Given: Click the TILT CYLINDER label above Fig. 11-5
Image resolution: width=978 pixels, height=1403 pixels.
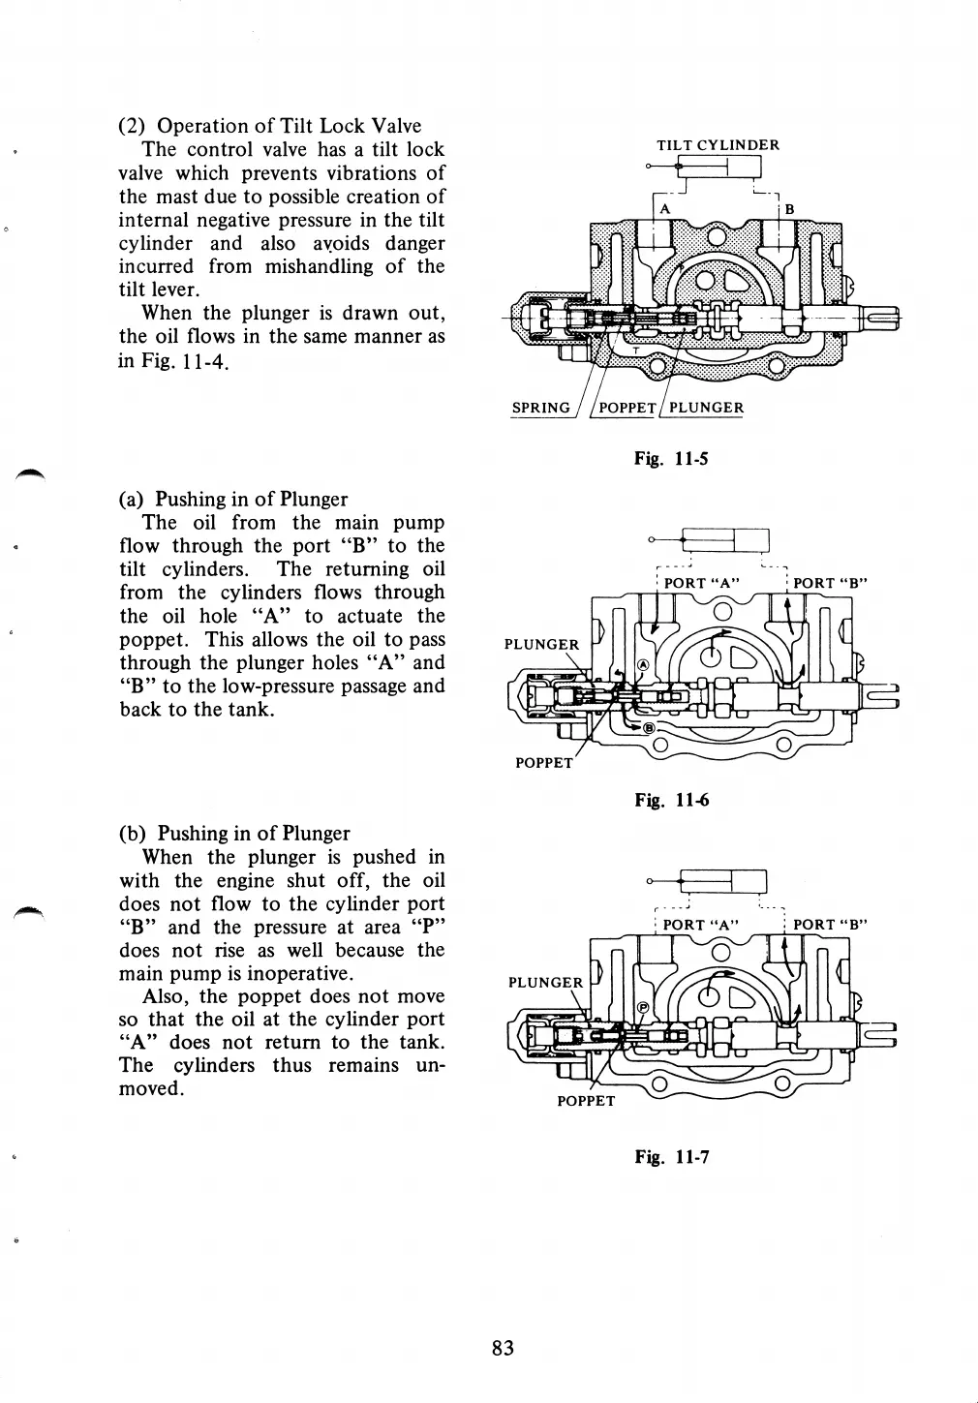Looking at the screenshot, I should pyautogui.click(x=718, y=145).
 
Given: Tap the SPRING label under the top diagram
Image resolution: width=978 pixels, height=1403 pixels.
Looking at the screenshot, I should pyautogui.click(x=540, y=408).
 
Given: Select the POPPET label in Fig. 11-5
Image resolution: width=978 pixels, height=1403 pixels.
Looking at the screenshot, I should pyautogui.click(x=627, y=408).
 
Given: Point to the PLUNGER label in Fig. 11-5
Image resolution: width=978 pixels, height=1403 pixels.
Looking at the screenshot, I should pyautogui.click(x=706, y=408).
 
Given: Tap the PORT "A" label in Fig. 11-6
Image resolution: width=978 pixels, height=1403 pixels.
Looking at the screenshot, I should pyautogui.click(x=702, y=583).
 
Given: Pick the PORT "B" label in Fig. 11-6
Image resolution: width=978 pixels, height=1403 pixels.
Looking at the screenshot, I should pyautogui.click(x=830, y=583).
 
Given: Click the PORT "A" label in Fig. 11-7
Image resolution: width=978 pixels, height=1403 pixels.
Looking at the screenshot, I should pyautogui.click(x=701, y=925).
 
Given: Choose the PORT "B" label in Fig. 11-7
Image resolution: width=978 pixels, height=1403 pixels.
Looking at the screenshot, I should pyautogui.click(x=830, y=925).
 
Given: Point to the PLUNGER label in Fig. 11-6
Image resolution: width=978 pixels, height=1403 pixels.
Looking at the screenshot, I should pyautogui.click(x=541, y=645).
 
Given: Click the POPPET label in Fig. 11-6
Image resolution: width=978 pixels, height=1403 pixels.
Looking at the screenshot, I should pyautogui.click(x=543, y=763).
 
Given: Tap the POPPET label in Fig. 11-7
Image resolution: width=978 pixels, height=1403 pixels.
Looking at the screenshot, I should pyautogui.click(x=586, y=1101).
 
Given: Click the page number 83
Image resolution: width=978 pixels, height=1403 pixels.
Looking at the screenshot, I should pyautogui.click(x=503, y=1348).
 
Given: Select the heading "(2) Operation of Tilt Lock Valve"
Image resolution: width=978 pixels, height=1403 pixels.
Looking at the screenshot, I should pyautogui.click(x=270, y=126).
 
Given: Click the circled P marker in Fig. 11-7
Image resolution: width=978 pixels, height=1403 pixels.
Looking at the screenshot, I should pyautogui.click(x=642, y=1008).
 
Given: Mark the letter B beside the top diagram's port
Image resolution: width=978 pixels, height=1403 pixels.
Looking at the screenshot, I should pyautogui.click(x=789, y=209).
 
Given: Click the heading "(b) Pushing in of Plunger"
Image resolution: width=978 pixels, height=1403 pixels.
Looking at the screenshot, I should pyautogui.click(x=233, y=834).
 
